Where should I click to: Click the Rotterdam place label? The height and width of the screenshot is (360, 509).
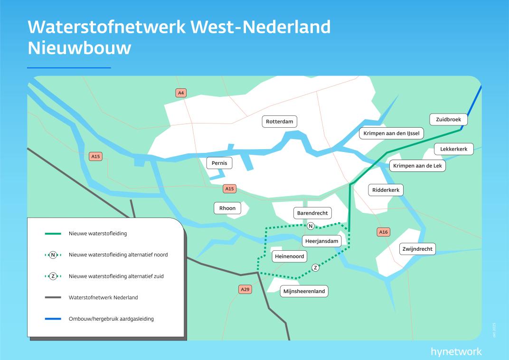point(280,122)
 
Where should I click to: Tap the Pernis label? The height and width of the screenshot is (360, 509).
point(219,163)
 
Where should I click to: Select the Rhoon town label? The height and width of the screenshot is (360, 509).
point(227,208)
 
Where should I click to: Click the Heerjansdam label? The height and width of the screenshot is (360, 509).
point(322,241)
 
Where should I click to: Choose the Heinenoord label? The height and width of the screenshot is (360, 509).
point(289,256)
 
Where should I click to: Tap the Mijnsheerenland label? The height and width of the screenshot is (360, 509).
point(304,291)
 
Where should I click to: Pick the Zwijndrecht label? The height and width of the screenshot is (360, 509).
point(417,249)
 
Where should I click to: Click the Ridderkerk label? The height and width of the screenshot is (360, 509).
point(386,190)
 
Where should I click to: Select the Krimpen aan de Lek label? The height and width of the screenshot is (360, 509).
point(417,166)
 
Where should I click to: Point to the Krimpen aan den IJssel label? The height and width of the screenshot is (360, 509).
point(391,133)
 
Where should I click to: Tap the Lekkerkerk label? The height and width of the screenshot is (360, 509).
point(453,149)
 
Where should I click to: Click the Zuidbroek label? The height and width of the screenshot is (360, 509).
point(448,119)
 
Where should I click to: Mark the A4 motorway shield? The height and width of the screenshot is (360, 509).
point(180,93)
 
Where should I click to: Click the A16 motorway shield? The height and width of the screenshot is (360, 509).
point(383,232)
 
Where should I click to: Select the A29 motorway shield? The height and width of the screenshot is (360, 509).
point(245,289)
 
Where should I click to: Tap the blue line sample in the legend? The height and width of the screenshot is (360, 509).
point(53,319)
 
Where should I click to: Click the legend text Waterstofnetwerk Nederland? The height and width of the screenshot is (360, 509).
point(103,297)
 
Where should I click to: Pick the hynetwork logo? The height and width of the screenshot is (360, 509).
point(456,352)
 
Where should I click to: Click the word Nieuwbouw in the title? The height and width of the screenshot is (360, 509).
point(79,48)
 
